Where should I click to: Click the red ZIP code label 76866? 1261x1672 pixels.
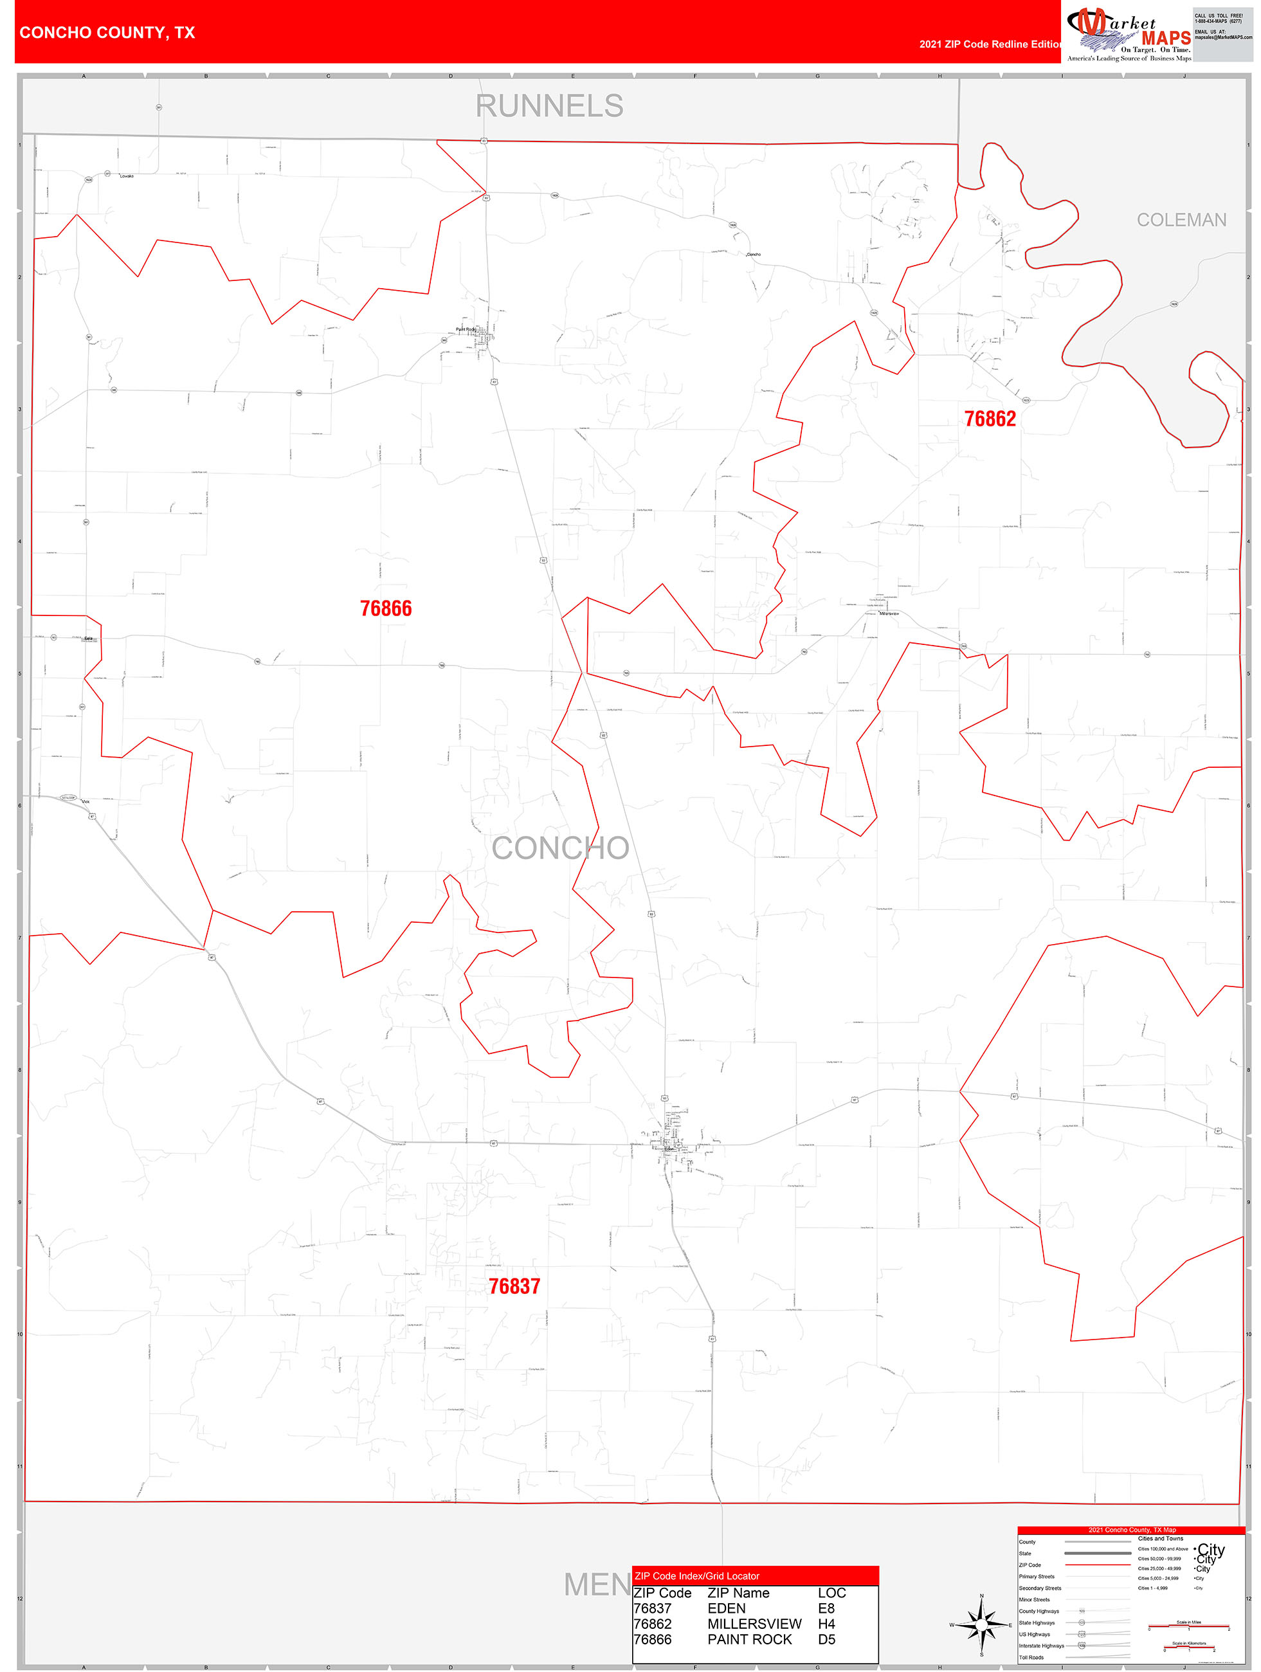click(386, 608)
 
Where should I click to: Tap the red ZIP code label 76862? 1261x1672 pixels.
click(990, 419)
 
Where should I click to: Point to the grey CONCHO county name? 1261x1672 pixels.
click(560, 848)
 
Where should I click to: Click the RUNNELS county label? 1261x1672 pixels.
click(550, 106)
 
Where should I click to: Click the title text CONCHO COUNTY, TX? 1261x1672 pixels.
click(107, 33)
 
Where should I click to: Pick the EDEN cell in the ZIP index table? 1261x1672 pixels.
click(727, 1608)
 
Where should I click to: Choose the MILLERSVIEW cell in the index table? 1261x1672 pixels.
click(754, 1624)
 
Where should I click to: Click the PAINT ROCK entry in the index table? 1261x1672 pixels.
click(749, 1639)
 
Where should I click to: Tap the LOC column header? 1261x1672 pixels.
click(831, 1593)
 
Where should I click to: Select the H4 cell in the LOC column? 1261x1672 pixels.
click(826, 1624)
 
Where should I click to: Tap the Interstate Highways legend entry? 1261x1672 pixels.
click(1041, 1646)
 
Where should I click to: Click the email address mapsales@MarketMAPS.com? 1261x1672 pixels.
click(1223, 37)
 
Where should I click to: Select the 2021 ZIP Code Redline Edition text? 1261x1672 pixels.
click(990, 44)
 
